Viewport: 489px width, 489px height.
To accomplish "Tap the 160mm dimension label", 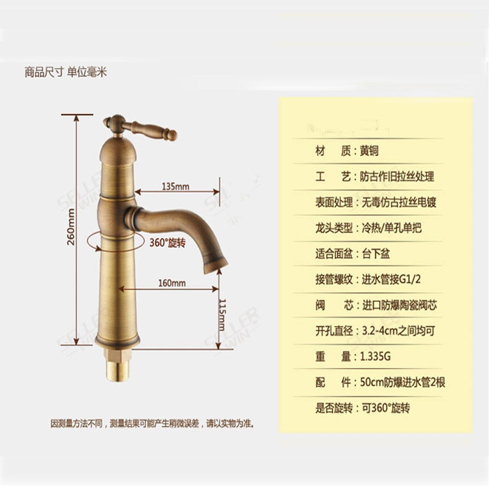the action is click(172, 283).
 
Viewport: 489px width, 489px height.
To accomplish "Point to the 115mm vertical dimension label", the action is click(222, 314).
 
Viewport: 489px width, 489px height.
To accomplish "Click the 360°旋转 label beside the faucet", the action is click(168, 243).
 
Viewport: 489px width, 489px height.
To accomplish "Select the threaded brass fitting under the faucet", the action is click(118, 368).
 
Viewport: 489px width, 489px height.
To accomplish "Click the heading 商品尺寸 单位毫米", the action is click(65, 72).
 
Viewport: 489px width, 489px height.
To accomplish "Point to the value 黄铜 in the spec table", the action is click(369, 151).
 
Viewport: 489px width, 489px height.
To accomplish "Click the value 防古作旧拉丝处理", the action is click(397, 177).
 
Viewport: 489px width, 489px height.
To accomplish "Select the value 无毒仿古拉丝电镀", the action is click(398, 202).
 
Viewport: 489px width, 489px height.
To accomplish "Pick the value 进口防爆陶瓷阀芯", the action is click(398, 305).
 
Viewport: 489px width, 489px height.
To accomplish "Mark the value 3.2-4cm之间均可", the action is click(398, 331).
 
